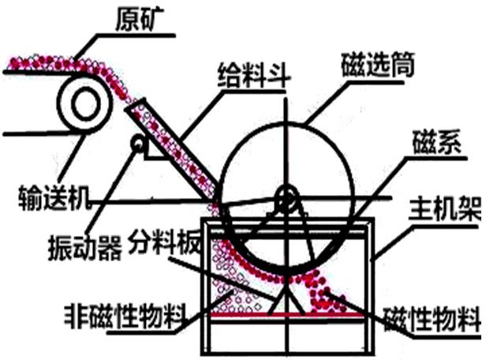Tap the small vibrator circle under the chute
click(x=139, y=144)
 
